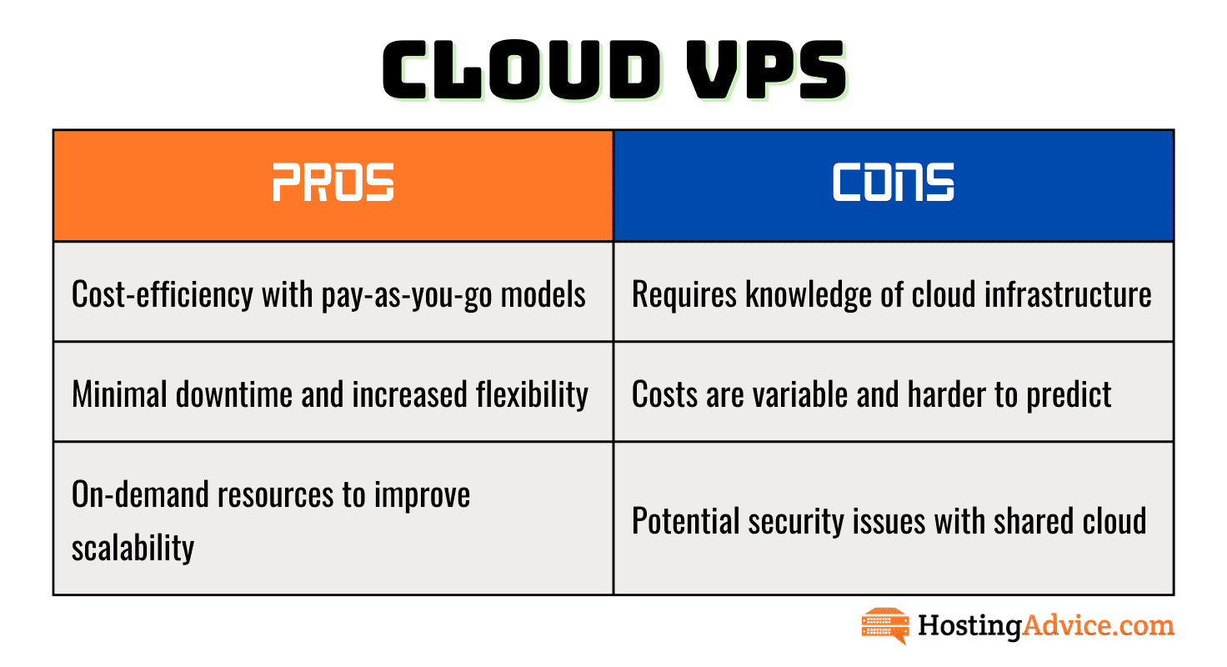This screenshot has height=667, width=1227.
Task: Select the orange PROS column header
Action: pos(333,185)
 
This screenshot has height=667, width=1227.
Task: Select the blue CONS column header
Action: pos(894,185)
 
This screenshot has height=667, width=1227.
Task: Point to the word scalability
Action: pos(133,547)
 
